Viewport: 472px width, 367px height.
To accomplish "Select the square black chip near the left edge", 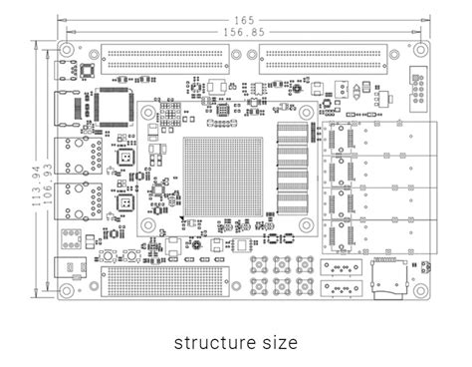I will point(113,105).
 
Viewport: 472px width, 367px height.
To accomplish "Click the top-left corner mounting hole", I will point(67,50).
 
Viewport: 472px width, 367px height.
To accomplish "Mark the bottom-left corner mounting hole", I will point(67,290).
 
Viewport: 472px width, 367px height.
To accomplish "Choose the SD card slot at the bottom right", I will point(388,280).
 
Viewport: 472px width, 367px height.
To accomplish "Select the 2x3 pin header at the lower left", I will point(72,239).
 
